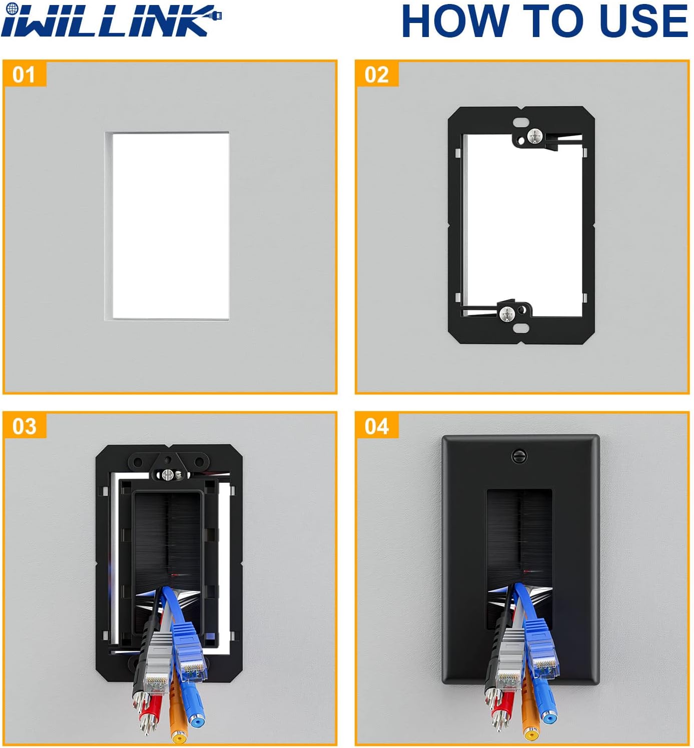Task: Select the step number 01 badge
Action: (25, 74)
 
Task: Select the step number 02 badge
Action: (377, 74)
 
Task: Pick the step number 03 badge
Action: (25, 426)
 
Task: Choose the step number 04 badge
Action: (377, 426)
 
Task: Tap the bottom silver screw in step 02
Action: (507, 313)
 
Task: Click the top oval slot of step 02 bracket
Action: (520, 123)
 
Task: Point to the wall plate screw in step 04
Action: (519, 456)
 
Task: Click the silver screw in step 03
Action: (169, 475)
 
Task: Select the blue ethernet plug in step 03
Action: (190, 654)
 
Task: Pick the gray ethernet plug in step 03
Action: (158, 663)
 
